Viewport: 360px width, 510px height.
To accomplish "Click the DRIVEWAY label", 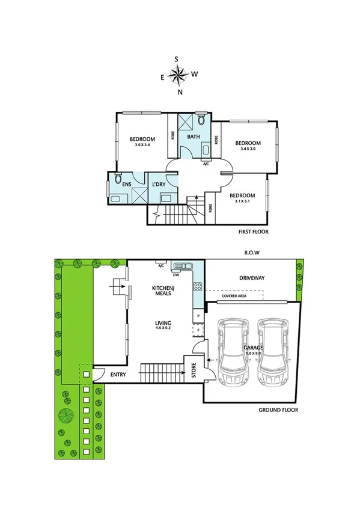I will [252, 278].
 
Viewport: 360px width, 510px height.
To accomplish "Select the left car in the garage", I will [233, 354].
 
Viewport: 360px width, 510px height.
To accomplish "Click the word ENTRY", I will [118, 375].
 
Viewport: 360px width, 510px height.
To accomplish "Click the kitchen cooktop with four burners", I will [196, 287].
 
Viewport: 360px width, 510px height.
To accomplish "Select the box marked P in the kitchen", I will [197, 316].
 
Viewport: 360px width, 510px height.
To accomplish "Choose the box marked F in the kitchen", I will [197, 330].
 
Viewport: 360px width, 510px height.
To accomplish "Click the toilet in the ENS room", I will [118, 179].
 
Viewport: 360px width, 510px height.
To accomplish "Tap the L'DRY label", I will [158, 184].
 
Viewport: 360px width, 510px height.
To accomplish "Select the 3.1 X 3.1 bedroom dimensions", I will [242, 202].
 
